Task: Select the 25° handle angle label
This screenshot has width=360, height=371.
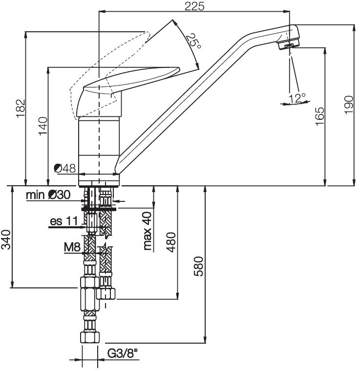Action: click(x=193, y=41)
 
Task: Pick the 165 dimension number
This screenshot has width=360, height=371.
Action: click(x=319, y=117)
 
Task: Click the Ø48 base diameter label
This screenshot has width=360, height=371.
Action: click(x=65, y=169)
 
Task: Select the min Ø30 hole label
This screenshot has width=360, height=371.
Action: click(x=48, y=196)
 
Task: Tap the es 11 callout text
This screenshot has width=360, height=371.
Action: click(x=64, y=221)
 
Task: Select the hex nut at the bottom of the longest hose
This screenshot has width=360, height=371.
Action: click(x=89, y=337)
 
